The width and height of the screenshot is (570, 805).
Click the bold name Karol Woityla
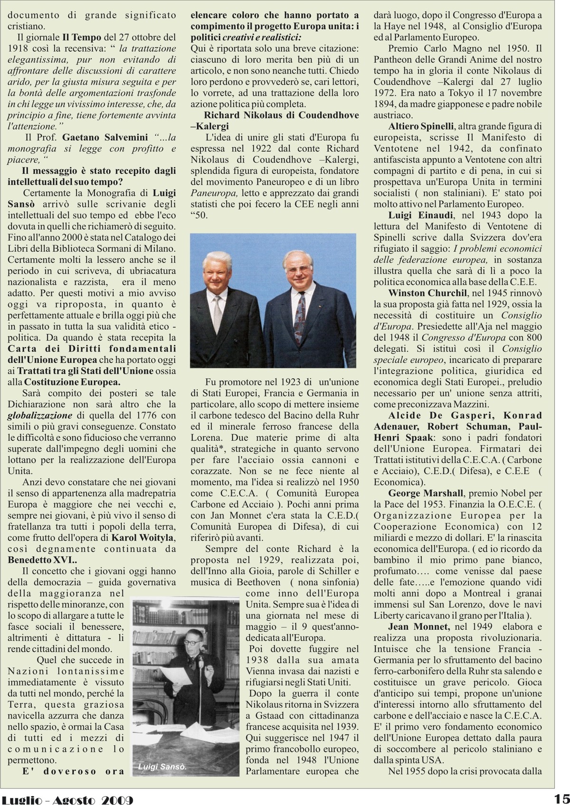tap(143, 538)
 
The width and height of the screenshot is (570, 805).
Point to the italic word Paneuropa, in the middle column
tap(214, 193)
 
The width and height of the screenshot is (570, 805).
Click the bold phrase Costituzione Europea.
tap(72, 382)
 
